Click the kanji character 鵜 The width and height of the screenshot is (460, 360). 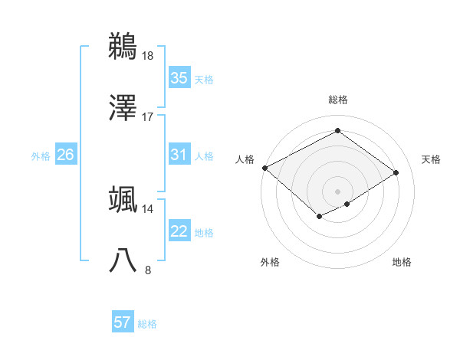(x=123, y=47)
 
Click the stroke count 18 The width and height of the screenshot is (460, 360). (x=149, y=56)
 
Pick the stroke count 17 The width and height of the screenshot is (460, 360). (x=149, y=116)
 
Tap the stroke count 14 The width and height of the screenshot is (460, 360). (x=149, y=208)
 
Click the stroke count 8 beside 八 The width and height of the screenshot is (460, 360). (x=149, y=270)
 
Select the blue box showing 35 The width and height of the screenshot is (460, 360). (x=179, y=78)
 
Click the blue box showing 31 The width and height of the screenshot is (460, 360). (x=179, y=155)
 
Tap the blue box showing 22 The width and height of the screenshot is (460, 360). (x=179, y=232)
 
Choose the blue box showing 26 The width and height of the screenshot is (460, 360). (x=65, y=155)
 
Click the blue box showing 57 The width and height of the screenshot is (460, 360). (x=123, y=323)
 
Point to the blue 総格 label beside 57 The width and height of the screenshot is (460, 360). (x=147, y=324)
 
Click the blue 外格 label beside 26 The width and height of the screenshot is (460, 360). (x=41, y=156)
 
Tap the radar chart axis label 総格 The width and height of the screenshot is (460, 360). (x=337, y=100)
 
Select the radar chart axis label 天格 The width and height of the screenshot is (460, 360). (x=431, y=159)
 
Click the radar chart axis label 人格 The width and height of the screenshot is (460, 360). (x=245, y=159)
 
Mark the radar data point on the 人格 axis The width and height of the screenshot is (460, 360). (x=264, y=168)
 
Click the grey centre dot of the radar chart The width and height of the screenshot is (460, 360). (x=337, y=191)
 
